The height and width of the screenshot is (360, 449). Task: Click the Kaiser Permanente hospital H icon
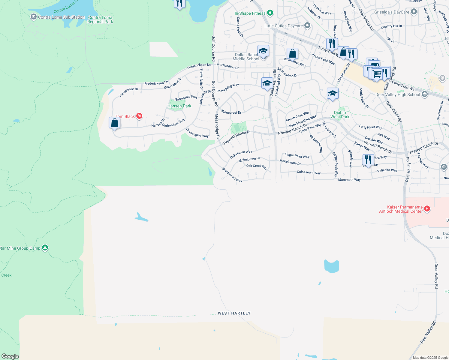coord(427,208)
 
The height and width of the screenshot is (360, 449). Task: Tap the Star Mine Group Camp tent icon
coord(45,248)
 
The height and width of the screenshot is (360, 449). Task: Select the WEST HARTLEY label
coord(234,313)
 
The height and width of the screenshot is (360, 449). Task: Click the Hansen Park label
coord(179,106)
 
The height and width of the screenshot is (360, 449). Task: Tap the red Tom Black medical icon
coord(139,116)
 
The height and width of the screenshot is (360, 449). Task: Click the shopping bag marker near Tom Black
coord(114,123)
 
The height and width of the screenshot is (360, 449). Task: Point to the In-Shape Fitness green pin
coord(270,13)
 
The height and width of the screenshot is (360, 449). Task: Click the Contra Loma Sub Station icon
coord(34,17)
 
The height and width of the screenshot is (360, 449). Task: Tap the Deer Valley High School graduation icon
coord(424,94)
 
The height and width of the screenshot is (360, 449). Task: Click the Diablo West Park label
coord(340,115)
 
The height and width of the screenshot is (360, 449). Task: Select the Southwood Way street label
coord(232,175)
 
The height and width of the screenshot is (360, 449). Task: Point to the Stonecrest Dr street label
coord(231,112)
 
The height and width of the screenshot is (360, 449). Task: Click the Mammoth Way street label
coord(349,180)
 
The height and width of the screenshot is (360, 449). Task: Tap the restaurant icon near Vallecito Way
coord(368,160)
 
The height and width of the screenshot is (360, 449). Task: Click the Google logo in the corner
coord(10,356)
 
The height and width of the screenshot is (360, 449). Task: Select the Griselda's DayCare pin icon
coord(414,12)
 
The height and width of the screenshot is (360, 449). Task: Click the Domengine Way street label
coord(197,133)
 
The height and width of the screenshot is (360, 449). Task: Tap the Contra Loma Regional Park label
coord(100,19)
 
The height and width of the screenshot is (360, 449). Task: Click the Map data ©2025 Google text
coord(430,358)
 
